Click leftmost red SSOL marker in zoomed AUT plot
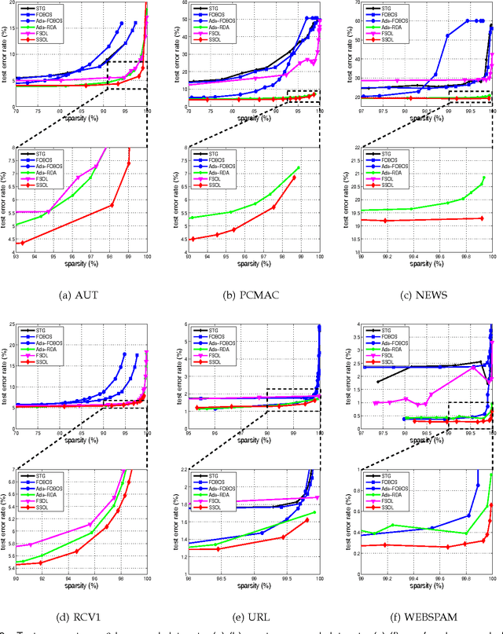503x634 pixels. [x=21, y=244]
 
